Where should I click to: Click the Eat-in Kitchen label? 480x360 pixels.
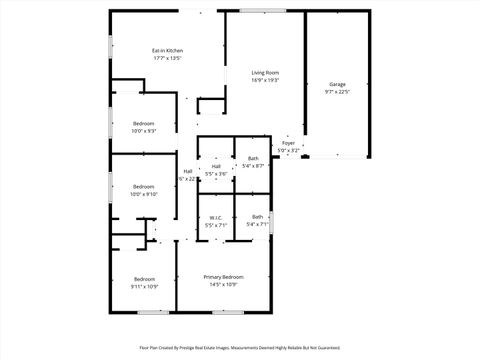(x=167, y=50)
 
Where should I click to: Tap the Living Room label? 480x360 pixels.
(x=265, y=72)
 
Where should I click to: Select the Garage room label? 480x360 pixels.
(x=337, y=84)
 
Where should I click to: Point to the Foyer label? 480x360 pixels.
(x=288, y=143)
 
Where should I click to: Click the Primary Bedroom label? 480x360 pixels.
(x=223, y=277)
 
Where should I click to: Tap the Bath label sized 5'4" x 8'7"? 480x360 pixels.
(x=253, y=158)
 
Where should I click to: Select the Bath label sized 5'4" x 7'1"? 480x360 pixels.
(x=257, y=217)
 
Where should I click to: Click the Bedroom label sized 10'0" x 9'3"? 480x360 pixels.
(x=144, y=123)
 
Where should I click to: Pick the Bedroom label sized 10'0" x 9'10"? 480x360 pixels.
(x=144, y=186)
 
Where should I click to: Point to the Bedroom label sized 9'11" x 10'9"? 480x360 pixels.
(x=144, y=278)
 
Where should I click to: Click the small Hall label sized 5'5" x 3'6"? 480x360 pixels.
(x=216, y=166)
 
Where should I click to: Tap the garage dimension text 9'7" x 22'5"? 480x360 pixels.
(x=337, y=92)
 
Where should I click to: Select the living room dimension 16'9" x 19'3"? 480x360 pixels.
(x=265, y=80)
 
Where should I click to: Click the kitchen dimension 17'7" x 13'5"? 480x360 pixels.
(x=167, y=58)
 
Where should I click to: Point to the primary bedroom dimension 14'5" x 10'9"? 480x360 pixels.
(x=223, y=285)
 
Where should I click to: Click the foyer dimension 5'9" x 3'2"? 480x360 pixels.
(x=288, y=151)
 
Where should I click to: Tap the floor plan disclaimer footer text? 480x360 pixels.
(x=240, y=348)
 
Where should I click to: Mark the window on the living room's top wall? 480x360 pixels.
(x=254, y=10)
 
